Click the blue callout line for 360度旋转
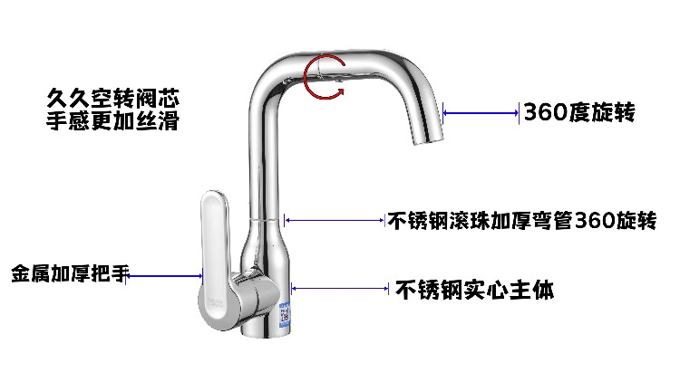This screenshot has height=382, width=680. [x=481, y=112]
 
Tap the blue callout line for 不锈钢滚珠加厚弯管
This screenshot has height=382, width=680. [x=335, y=218]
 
